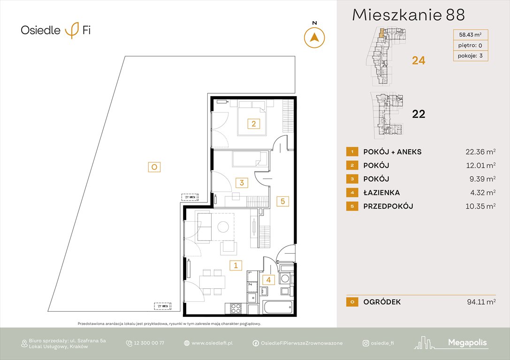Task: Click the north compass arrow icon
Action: [x=315, y=37]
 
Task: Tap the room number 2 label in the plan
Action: [x=253, y=124]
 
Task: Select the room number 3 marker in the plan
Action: [x=242, y=183]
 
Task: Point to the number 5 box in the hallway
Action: [x=282, y=201]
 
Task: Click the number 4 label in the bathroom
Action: [x=268, y=280]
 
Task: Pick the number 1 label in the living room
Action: [x=236, y=265]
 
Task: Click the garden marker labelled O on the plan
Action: [x=153, y=166]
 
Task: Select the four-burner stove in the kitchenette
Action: [x=235, y=308]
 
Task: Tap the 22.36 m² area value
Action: [x=478, y=151]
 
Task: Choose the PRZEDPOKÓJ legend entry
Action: [x=388, y=206]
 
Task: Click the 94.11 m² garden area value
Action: [x=478, y=302]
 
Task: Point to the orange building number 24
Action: [x=419, y=60]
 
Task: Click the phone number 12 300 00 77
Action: [x=149, y=343]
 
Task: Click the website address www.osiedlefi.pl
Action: [x=212, y=343]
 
